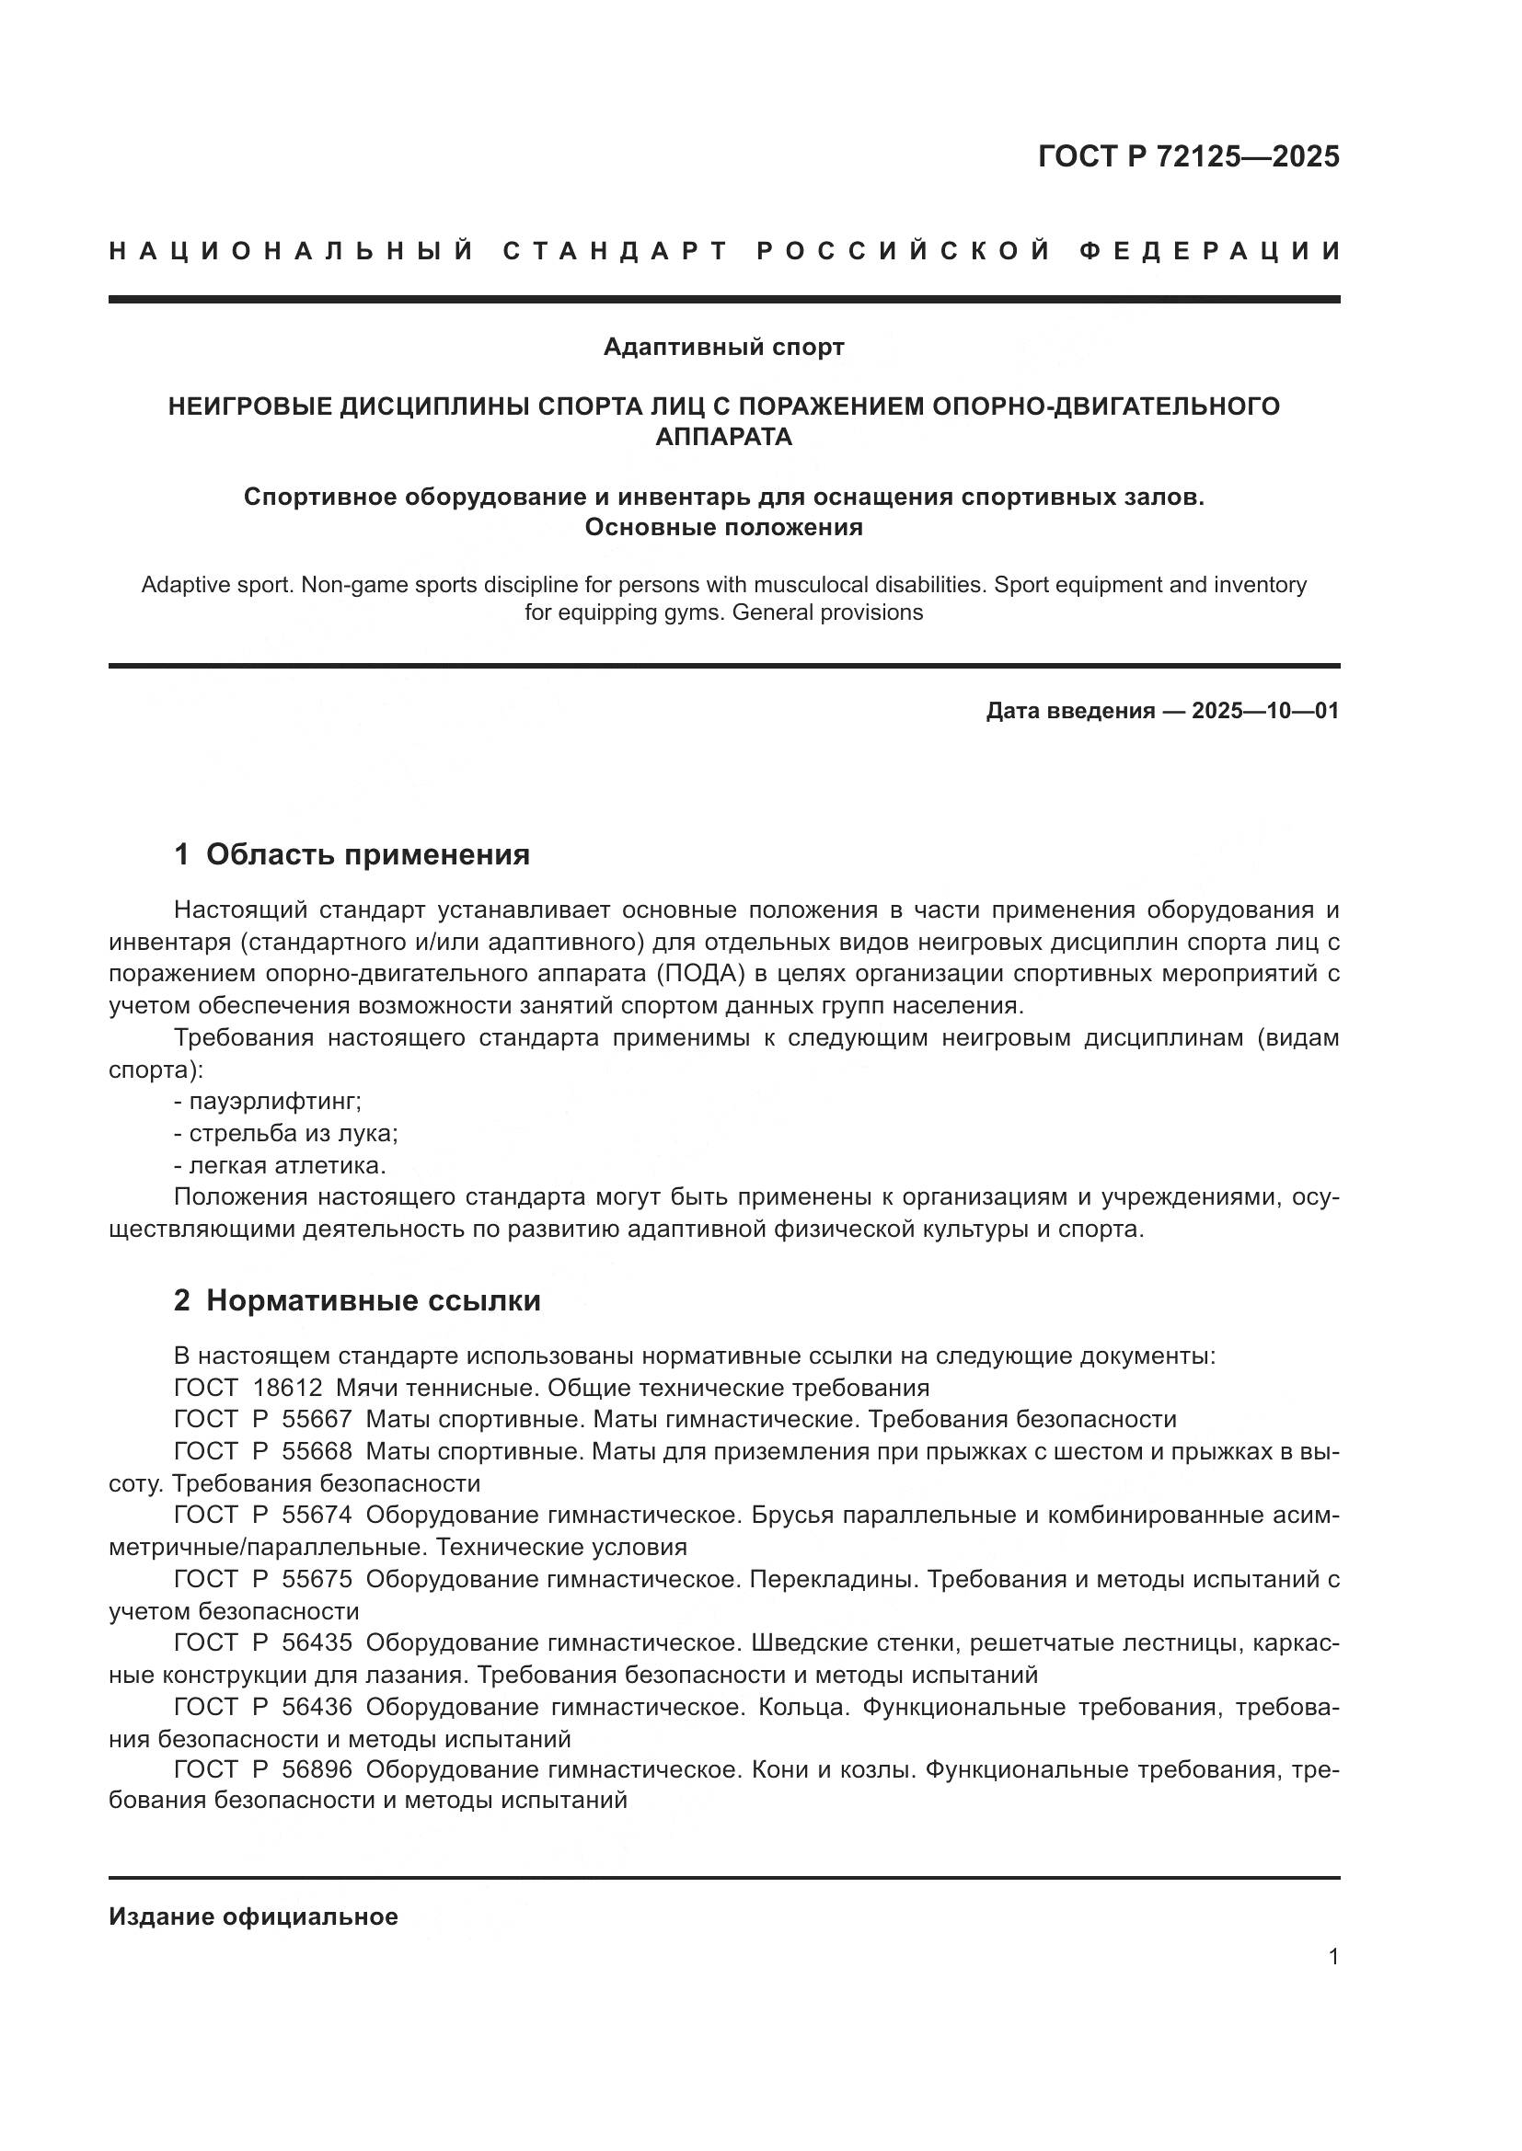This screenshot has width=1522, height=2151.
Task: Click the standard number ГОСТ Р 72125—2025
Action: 1188,157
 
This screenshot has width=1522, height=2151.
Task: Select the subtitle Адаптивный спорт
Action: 723,348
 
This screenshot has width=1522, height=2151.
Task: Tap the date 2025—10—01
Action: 1265,711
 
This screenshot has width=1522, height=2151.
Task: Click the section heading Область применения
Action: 367,854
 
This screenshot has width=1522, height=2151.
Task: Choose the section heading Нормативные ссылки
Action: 373,1301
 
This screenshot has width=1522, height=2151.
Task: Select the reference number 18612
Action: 288,1388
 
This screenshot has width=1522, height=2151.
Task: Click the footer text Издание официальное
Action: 253,1916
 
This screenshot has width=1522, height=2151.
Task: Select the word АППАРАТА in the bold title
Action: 723,437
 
